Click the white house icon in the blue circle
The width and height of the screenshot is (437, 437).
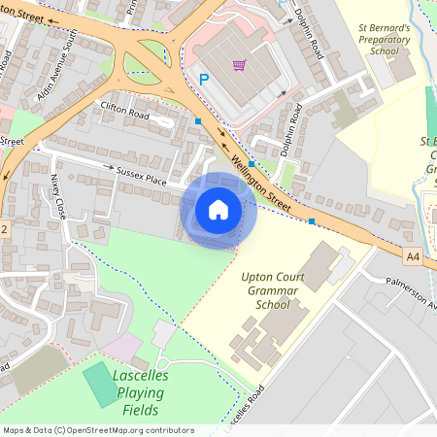coord(218,210)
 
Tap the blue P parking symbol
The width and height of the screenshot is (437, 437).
coord(205,79)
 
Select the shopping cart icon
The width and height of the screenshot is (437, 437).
coord(239,65)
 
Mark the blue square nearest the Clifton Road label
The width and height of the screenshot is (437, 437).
coord(198,121)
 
